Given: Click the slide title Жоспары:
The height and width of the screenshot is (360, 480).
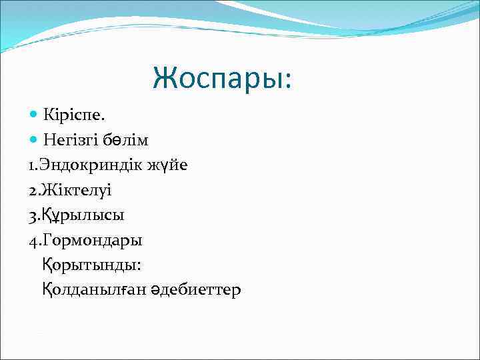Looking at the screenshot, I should pyautogui.click(x=222, y=78).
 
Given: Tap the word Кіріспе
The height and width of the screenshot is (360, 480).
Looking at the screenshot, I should pyautogui.click(x=73, y=116).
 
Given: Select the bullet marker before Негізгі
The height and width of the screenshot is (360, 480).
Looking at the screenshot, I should pyautogui.click(x=34, y=140).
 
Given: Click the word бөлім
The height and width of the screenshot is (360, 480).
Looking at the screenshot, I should pyautogui.click(x=126, y=140).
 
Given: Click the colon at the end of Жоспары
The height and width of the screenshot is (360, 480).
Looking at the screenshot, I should pyautogui.click(x=287, y=81).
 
